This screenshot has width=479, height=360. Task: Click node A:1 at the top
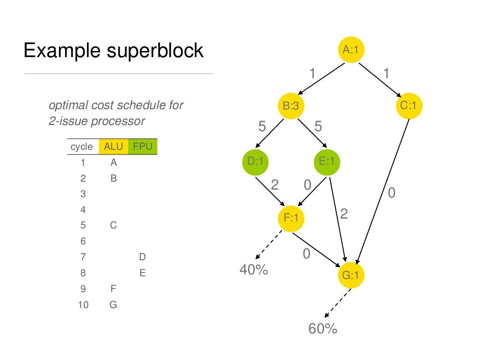(x=351, y=50)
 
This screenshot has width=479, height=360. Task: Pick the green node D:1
(x=255, y=162)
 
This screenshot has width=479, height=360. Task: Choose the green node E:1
(x=327, y=162)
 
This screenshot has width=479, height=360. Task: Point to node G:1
(x=350, y=275)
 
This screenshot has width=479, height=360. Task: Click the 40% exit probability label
(x=254, y=270)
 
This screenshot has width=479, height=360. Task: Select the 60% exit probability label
(x=323, y=329)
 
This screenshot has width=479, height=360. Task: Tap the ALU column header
(x=113, y=147)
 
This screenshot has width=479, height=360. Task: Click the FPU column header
(x=143, y=147)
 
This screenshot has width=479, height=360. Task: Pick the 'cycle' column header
(x=82, y=147)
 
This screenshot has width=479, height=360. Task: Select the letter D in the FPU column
(x=143, y=257)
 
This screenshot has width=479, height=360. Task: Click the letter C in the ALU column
(x=113, y=225)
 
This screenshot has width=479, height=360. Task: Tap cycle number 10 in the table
(x=83, y=305)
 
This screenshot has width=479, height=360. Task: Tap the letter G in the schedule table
(x=113, y=305)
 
